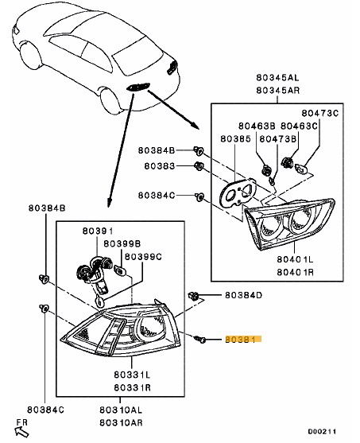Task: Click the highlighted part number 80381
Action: pyautogui.click(x=240, y=339)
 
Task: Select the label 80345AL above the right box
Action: pyautogui.click(x=277, y=77)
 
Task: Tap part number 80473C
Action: pyautogui.click(x=320, y=113)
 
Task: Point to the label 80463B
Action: pyautogui.click(x=257, y=126)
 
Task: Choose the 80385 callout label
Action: pyautogui.click(x=235, y=138)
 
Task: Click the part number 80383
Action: pyautogui.click(x=160, y=166)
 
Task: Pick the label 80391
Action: pyautogui.click(x=98, y=231)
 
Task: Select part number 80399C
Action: pyautogui.click(x=143, y=257)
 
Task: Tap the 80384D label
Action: pyautogui.click(x=243, y=295)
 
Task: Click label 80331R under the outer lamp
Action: pyautogui.click(x=133, y=387)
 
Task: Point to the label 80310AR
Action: pyautogui.click(x=121, y=422)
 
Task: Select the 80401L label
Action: pyautogui.click(x=295, y=259)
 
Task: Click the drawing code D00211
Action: pyautogui.click(x=322, y=431)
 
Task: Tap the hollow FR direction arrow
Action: pyautogui.click(x=21, y=431)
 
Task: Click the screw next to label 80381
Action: pyautogui.click(x=200, y=339)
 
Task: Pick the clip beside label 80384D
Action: pyautogui.click(x=193, y=296)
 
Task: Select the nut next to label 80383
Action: pyautogui.click(x=199, y=166)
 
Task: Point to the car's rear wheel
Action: pyautogui.click(x=110, y=100)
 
